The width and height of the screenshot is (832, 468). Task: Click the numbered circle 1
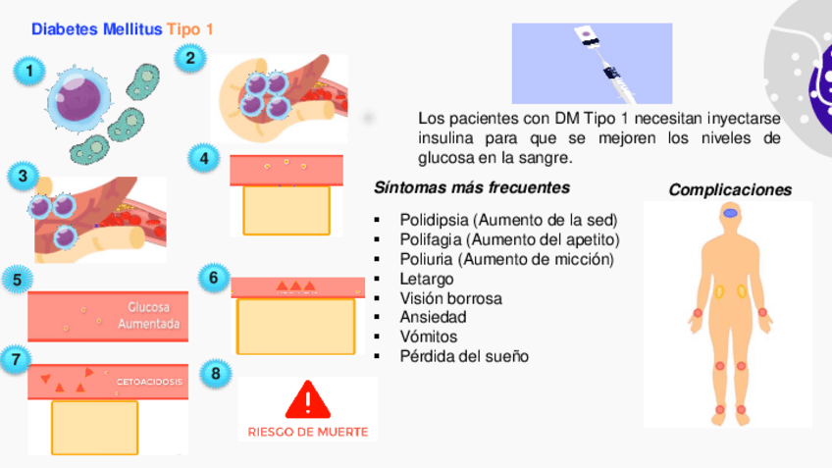tap(30, 71)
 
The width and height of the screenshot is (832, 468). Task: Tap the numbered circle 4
tap(203, 158)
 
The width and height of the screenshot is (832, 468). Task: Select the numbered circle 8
tap(217, 374)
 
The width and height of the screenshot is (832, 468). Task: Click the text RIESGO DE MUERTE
tap(308, 431)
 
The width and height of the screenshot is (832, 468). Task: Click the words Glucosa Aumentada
tap(148, 314)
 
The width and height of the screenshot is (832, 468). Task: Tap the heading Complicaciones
tap(730, 190)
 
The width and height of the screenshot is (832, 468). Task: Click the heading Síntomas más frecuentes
tap(472, 187)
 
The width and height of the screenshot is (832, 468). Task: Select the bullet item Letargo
tap(427, 279)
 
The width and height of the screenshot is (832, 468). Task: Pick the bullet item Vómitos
tap(429, 337)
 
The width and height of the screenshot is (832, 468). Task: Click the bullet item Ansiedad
tap(433, 317)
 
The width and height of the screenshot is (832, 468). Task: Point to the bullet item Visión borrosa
tap(450, 298)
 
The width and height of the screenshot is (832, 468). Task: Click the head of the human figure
tap(731, 213)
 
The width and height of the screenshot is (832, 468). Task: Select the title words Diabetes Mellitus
tap(96, 29)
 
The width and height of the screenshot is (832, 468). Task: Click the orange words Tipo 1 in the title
tap(190, 29)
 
